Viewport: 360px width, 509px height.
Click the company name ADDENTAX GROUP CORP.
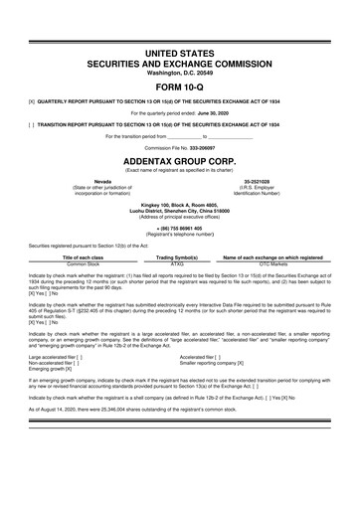pos(179,158)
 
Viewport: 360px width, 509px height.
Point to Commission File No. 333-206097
pos(179,146)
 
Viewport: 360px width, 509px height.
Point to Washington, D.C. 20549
pos(179,70)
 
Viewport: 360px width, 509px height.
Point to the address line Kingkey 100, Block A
pos(179,205)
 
